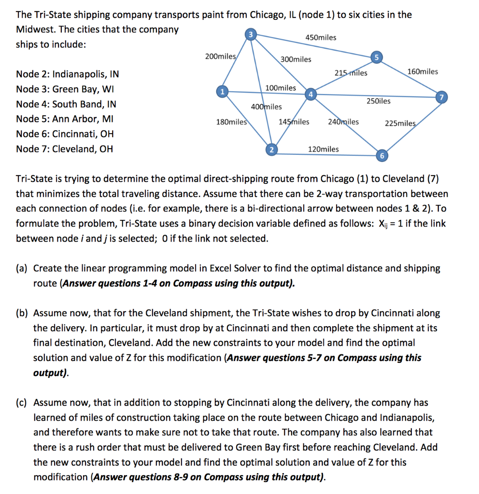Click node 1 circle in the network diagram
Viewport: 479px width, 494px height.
[222, 91]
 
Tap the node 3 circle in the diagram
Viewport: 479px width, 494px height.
[250, 34]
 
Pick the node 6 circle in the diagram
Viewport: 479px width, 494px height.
[381, 155]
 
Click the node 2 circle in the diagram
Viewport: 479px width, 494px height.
[271, 149]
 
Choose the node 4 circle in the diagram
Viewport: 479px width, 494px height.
[311, 93]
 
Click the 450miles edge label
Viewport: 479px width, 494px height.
[321, 38]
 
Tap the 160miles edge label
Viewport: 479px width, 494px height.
[423, 72]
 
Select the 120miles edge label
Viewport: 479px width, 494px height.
[323, 149]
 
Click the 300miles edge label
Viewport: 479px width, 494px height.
[296, 59]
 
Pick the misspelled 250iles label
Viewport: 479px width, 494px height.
[379, 101]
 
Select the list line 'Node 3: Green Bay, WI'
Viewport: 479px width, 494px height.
[66, 89]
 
